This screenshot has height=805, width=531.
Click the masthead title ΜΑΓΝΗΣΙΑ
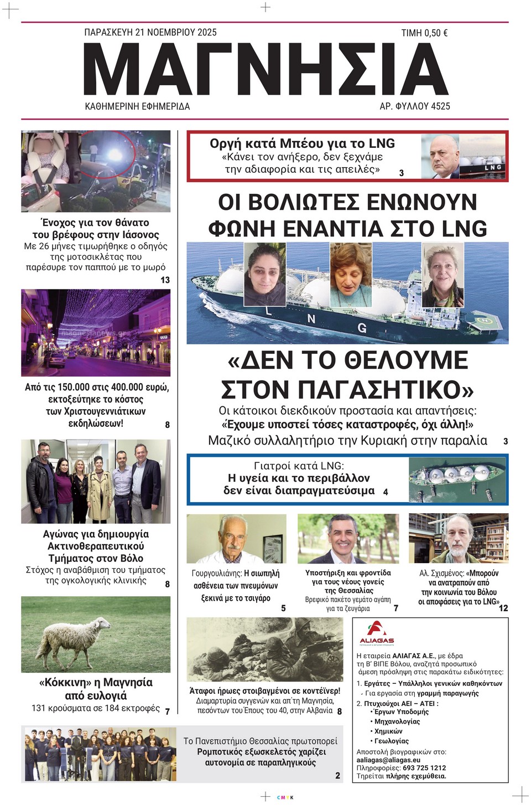[265, 69]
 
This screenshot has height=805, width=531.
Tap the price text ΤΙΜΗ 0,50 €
[424, 33]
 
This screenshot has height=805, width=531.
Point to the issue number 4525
[440, 106]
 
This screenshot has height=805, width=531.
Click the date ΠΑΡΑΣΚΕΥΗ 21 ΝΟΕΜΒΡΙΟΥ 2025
[150, 32]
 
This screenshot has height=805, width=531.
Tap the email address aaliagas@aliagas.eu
[388, 760]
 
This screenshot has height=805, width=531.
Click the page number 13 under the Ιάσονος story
[165, 280]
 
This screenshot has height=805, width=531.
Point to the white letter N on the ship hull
[311, 319]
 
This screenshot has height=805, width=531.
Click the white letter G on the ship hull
[362, 328]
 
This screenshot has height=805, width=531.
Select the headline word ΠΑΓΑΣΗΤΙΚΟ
[347, 389]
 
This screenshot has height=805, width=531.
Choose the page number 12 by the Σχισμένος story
[503, 608]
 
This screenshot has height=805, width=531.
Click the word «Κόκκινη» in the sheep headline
[65, 683]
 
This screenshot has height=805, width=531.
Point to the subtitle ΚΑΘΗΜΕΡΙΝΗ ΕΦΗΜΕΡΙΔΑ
[137, 106]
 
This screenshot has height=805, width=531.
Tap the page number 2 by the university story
[337, 775]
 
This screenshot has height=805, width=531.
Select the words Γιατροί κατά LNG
[299, 466]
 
